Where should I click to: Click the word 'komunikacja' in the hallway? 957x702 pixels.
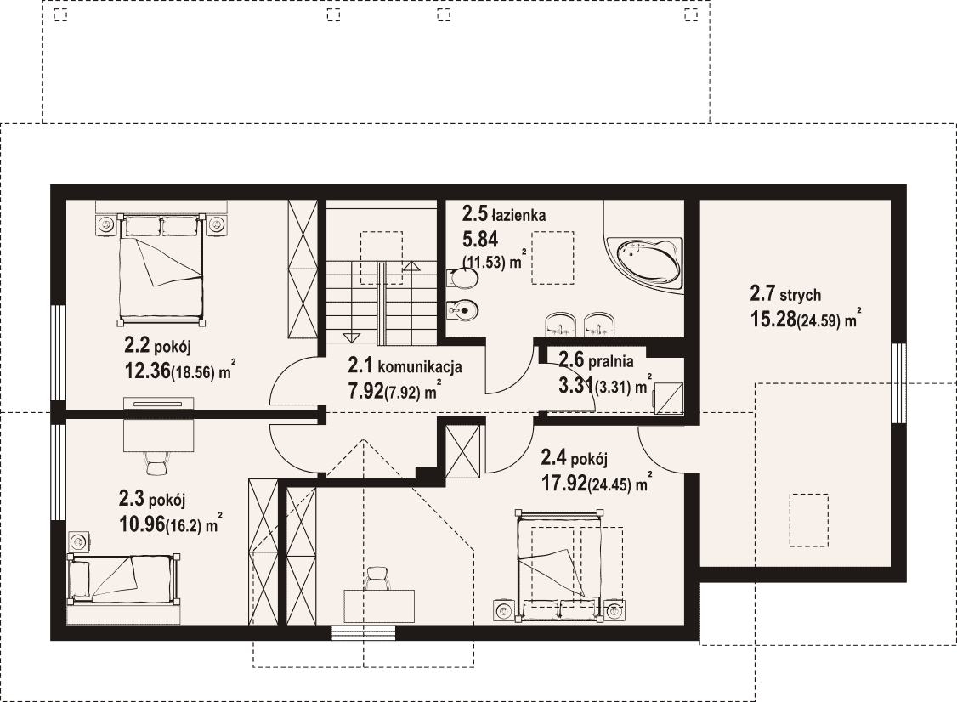tap(420, 367)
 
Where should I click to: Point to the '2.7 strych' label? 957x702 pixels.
tap(785, 296)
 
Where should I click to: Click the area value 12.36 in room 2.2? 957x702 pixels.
tap(147, 370)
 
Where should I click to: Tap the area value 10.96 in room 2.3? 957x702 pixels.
tap(142, 524)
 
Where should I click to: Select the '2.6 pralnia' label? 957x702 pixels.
tap(597, 360)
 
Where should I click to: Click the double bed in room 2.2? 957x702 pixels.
tap(161, 269)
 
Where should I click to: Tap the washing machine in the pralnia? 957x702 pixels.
tap(668, 398)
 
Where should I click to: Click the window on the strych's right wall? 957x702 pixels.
tap(898, 383)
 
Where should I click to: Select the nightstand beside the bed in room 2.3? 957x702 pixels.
tap(79, 541)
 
